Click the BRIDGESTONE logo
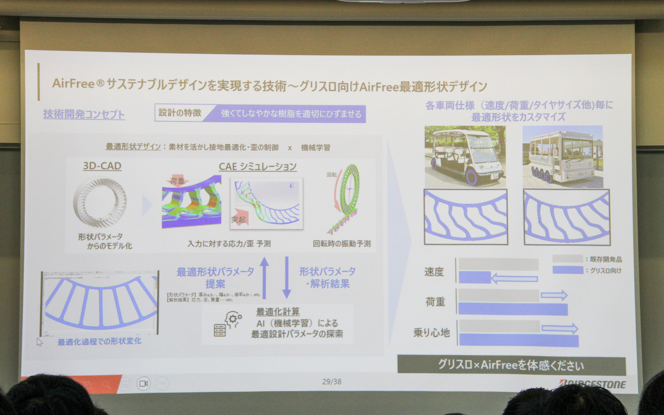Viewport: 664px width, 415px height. (592, 384)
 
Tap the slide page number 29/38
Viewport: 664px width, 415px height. (332, 381)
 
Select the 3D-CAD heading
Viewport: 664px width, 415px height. (102, 166)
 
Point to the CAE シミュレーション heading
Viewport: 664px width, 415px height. (258, 167)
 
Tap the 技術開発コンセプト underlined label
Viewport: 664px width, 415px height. (84, 114)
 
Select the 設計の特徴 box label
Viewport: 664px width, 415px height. (180, 113)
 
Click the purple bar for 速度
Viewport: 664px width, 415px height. (474, 277)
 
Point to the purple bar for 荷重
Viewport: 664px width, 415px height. (513, 309)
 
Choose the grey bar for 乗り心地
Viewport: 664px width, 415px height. (500, 326)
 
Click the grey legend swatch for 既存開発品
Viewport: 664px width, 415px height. (568, 259)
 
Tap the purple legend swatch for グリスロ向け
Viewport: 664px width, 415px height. (568, 270)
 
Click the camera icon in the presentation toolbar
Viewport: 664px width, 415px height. (144, 384)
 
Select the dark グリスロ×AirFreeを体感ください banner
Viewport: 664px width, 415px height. (511, 365)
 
